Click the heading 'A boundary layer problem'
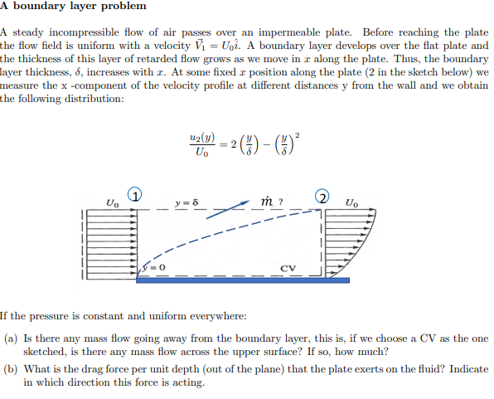74,7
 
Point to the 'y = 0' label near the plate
154,266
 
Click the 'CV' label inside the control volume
288,268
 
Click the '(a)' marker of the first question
12,339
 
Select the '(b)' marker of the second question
12,368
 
